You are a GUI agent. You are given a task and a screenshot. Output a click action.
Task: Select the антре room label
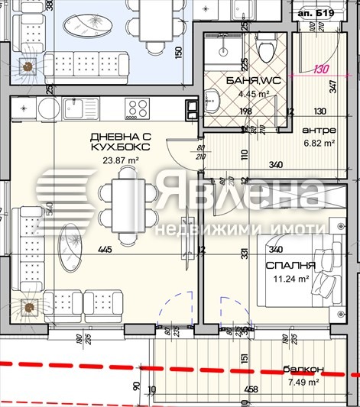click(316, 130)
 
